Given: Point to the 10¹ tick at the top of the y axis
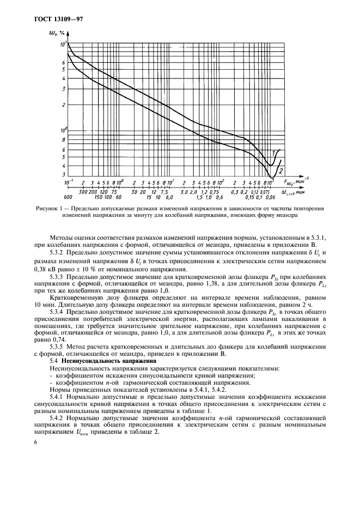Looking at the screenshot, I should click(x=63, y=43).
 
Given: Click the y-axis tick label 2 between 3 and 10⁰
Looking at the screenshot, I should click(x=64, y=105).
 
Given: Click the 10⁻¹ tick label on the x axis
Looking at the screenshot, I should click(x=69, y=181).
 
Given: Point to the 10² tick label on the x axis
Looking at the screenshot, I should click(x=220, y=181).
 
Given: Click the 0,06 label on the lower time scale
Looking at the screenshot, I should click(x=269, y=197).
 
